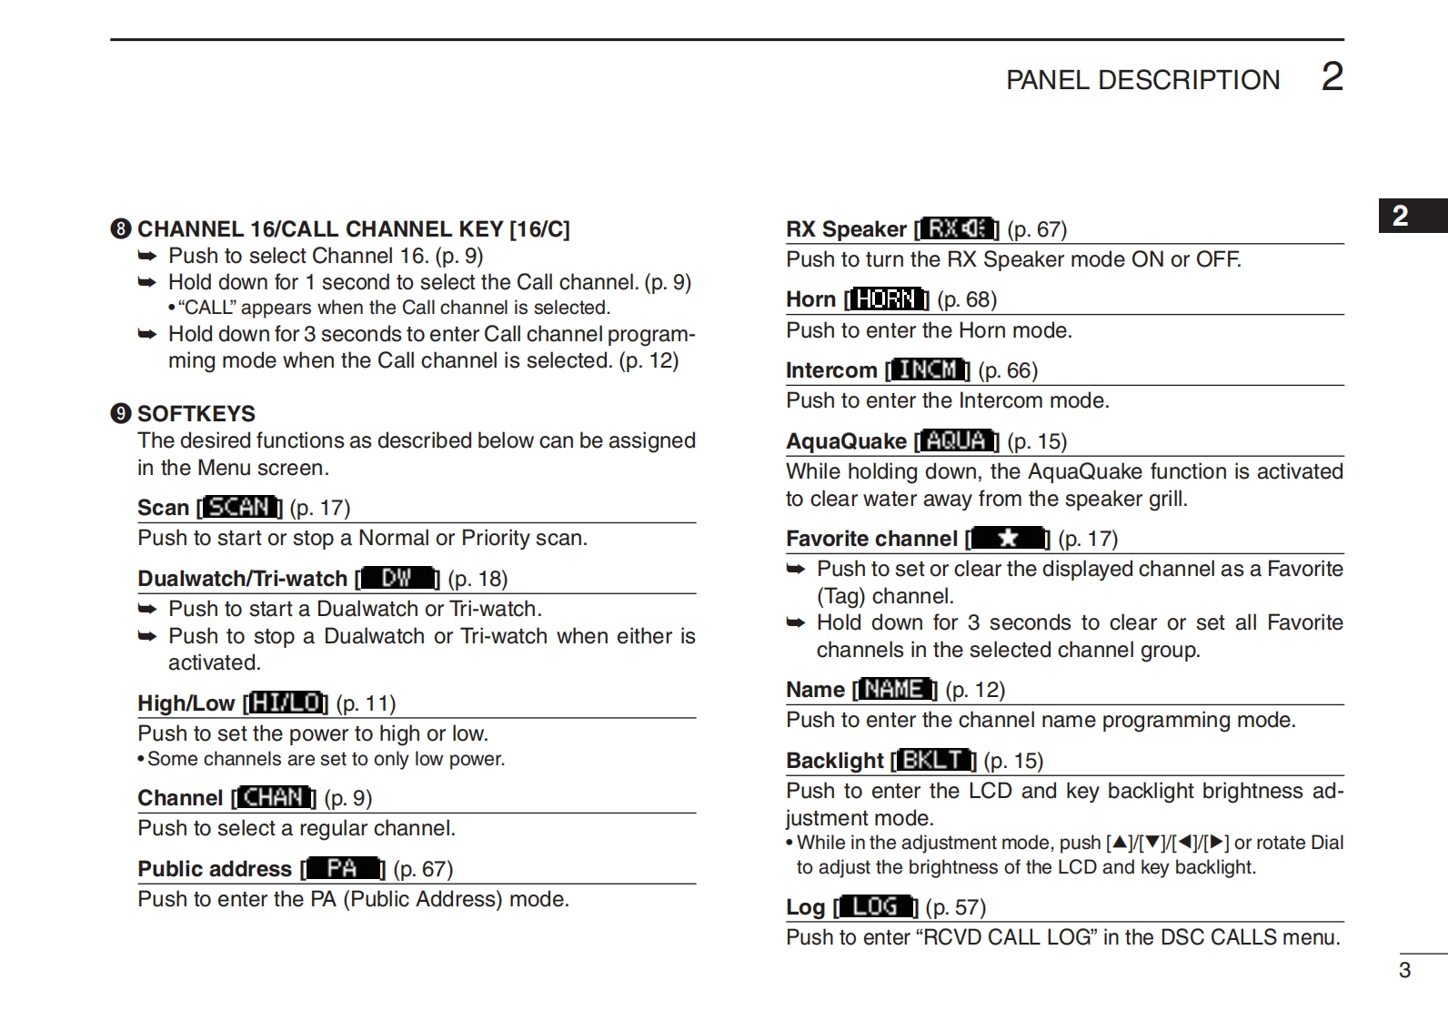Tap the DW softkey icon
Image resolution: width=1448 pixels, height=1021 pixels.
click(x=397, y=578)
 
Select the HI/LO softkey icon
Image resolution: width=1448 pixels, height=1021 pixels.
click(x=287, y=703)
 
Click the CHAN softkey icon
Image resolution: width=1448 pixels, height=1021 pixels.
click(x=274, y=798)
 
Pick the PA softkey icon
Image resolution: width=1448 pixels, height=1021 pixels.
click(x=343, y=869)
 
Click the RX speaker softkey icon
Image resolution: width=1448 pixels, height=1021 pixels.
click(x=957, y=228)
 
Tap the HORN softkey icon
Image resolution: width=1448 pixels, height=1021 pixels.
click(x=887, y=299)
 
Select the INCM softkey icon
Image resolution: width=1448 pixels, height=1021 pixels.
click(x=928, y=369)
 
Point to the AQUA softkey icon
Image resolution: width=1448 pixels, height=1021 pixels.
click(x=957, y=441)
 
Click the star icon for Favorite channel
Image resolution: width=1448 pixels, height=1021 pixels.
click(x=1008, y=539)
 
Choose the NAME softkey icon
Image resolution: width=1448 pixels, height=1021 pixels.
click(x=895, y=690)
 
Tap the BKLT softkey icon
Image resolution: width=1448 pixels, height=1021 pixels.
click(x=934, y=760)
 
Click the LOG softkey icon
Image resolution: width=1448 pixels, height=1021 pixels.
click(x=875, y=907)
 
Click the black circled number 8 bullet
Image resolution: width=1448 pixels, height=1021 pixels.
click(x=121, y=229)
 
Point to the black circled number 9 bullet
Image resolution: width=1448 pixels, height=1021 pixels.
click(x=121, y=414)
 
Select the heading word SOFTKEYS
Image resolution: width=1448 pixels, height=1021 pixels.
click(x=196, y=414)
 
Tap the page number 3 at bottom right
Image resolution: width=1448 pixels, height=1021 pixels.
click(x=1404, y=970)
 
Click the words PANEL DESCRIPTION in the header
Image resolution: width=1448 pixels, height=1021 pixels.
click(x=1142, y=80)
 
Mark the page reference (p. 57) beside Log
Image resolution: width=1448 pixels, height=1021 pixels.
click(x=955, y=907)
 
